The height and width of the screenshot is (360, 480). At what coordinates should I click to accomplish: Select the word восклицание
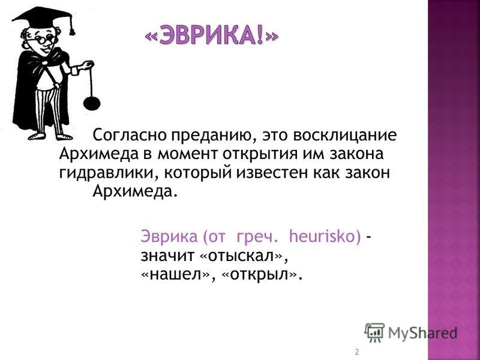(345, 135)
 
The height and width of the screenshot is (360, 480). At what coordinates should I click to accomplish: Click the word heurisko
(325, 236)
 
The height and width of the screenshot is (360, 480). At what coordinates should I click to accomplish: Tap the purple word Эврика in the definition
(169, 236)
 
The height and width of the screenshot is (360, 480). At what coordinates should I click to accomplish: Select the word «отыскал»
(242, 256)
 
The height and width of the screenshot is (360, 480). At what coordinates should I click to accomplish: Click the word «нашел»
(175, 275)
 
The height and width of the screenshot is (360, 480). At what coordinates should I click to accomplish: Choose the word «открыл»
(258, 275)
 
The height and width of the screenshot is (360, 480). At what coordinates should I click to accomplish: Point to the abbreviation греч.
(257, 237)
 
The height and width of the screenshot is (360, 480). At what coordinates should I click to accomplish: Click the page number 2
(356, 352)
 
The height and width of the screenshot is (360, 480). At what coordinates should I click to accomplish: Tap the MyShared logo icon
(374, 332)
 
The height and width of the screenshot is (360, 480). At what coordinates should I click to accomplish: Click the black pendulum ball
(92, 104)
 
